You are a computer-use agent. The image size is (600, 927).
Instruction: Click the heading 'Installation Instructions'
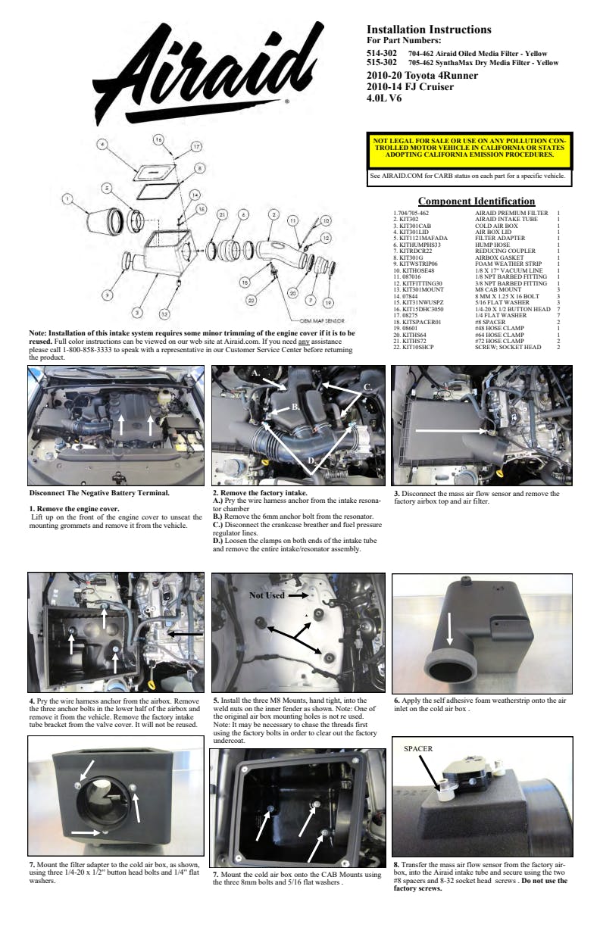(x=429, y=30)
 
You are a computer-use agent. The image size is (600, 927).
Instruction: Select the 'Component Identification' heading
(x=477, y=201)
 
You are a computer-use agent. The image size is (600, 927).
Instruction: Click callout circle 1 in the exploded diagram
(x=67, y=199)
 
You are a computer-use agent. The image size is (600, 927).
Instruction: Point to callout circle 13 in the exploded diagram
(x=164, y=313)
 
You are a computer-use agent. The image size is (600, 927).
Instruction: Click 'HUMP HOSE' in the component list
(x=482, y=245)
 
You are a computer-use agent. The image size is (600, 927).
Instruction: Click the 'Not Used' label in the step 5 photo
(x=267, y=596)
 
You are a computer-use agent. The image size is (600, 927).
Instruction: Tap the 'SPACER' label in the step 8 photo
(x=417, y=749)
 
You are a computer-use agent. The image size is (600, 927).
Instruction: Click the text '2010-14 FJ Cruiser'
(x=410, y=87)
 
